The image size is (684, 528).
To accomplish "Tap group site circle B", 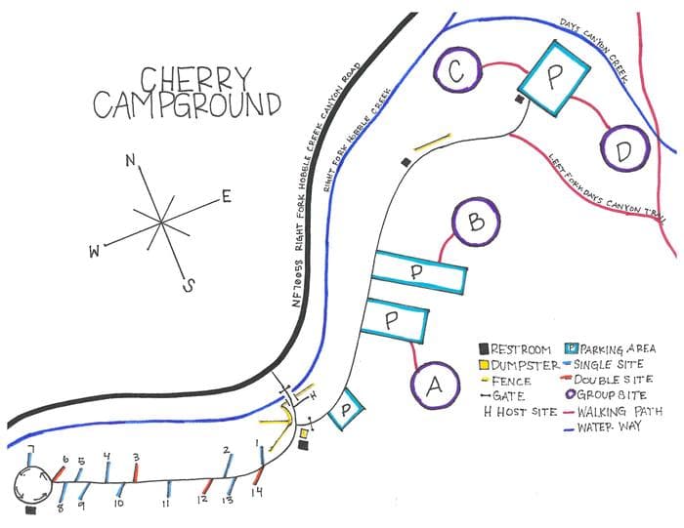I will click(477, 223).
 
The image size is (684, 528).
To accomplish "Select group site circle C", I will click(456, 69).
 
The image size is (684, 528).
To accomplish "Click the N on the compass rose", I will click(130, 161).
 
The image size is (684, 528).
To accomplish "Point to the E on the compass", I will click(226, 197).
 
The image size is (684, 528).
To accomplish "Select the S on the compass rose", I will click(190, 285).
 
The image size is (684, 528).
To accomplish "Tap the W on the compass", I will click(95, 253).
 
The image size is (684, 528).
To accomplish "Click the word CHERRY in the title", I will click(195, 77).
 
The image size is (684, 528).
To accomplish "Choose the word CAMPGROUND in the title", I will click(187, 103).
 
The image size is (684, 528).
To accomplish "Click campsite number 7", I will click(31, 450).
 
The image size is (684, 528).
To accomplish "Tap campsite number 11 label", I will click(166, 504).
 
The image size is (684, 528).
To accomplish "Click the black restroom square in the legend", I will click(484, 348).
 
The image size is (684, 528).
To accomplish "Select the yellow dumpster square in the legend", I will click(484, 364).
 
